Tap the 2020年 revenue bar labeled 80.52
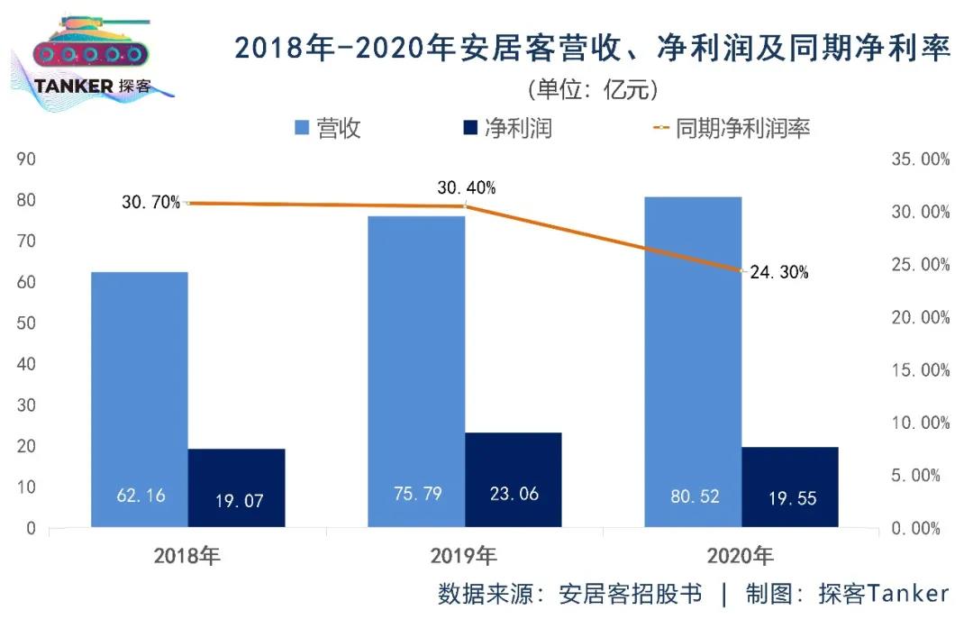(693, 361)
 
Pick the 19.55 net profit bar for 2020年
(789, 487)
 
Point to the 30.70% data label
(151, 203)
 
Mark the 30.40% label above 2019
(467, 188)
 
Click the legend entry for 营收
(328, 128)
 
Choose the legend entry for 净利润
(505, 128)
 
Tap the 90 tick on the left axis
(26, 159)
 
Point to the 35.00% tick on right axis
(919, 159)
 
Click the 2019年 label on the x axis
(463, 555)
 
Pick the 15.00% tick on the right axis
(919, 370)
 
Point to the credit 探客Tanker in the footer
(883, 594)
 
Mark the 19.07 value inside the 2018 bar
(239, 500)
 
